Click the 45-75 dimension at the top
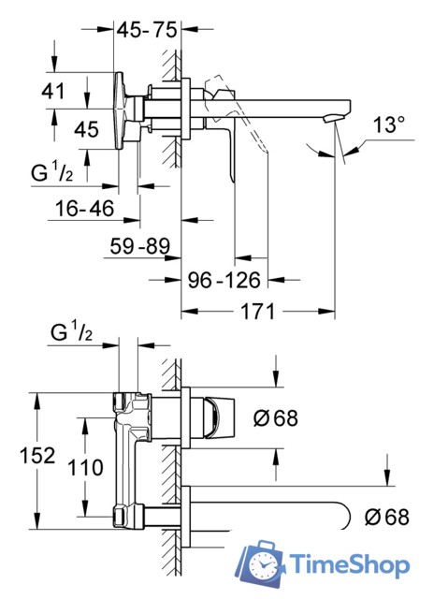[x=147, y=30]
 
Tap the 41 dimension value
[x=53, y=92]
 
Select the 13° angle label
[x=389, y=124]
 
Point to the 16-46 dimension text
[x=84, y=209]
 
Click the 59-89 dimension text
[x=139, y=245]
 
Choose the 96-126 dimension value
[x=224, y=280]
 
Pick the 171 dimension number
[x=257, y=312]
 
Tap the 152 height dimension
[x=37, y=456]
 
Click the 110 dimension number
[x=85, y=468]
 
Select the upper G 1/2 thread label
[x=52, y=171]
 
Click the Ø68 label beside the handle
[x=276, y=418]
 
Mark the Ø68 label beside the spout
[x=386, y=517]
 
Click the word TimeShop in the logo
[x=349, y=565]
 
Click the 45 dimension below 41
[x=86, y=129]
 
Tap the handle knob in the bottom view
[x=219, y=417]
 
